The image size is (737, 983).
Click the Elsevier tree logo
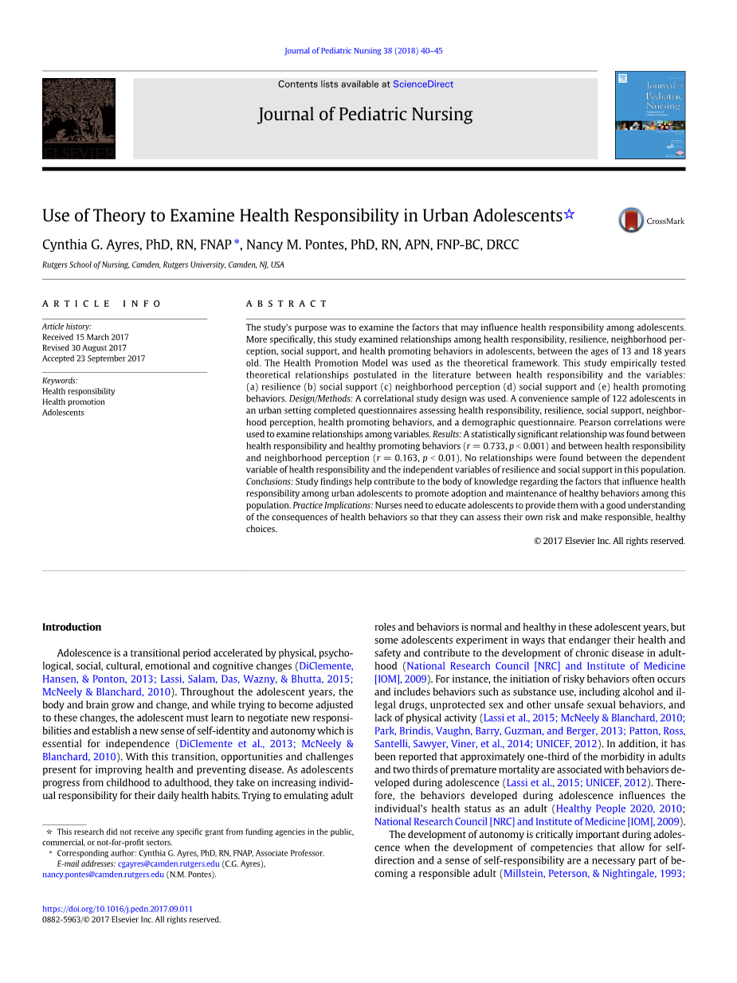pos(79,118)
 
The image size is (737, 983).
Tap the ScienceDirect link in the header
pos(423,84)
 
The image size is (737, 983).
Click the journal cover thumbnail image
pos(650,115)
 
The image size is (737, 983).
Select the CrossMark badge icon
pos(632,221)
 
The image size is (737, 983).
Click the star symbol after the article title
pos(569,214)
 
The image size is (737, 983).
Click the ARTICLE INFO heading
pos(102,304)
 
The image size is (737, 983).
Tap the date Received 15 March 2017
pos(85,337)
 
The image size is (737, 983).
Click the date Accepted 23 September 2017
pos(93,358)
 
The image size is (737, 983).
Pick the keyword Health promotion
pos(73,401)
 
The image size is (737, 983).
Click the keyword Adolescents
pos(63,413)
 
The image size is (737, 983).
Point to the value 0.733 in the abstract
pos(492,447)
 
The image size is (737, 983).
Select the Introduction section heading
pos(72,627)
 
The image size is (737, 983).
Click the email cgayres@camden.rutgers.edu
pos(168,864)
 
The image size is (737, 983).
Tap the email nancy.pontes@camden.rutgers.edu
pos(103,874)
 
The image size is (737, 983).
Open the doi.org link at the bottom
pos(117,909)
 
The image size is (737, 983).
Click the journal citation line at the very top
pos(363,51)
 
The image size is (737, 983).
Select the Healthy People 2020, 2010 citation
pos(618,809)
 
